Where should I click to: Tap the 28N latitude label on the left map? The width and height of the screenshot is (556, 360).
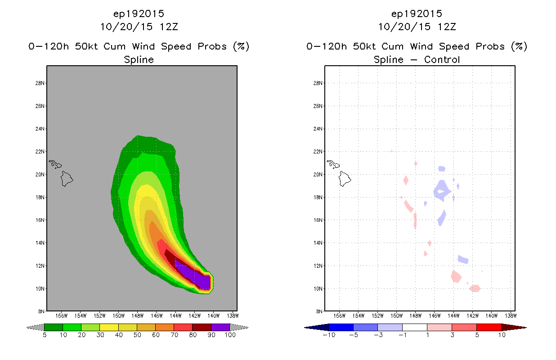coord(40,83)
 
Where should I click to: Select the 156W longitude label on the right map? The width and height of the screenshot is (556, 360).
coord(339,316)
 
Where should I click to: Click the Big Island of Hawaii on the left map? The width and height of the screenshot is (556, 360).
coord(67,179)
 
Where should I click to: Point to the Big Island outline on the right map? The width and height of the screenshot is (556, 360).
coord(345,179)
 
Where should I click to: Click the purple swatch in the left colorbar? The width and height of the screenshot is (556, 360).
coord(220,327)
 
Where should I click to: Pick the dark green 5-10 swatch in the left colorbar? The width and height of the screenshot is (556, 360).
coord(54,327)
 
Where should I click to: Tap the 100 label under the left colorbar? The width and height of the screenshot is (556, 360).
coord(230,335)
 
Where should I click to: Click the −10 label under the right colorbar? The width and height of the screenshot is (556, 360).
coord(329,335)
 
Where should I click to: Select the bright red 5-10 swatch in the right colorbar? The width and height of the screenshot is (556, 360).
coord(489,327)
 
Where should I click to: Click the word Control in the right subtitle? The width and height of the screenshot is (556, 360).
coord(442,59)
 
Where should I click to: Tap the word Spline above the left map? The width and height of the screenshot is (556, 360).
coord(139,60)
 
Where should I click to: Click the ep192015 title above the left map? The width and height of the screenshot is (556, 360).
coord(139,13)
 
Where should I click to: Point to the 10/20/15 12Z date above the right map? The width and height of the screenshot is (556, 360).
coord(417,27)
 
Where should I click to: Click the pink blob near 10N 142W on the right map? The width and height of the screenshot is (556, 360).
coord(475,288)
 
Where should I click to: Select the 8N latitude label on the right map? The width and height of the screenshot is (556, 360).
coord(319,311)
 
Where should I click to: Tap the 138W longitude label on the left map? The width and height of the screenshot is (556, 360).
coord(233,316)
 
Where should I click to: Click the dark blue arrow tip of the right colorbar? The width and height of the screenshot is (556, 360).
coord(305,328)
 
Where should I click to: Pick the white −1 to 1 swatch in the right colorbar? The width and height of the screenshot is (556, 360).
coord(415,327)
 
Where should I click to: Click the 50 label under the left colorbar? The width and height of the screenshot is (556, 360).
coord(137,335)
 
